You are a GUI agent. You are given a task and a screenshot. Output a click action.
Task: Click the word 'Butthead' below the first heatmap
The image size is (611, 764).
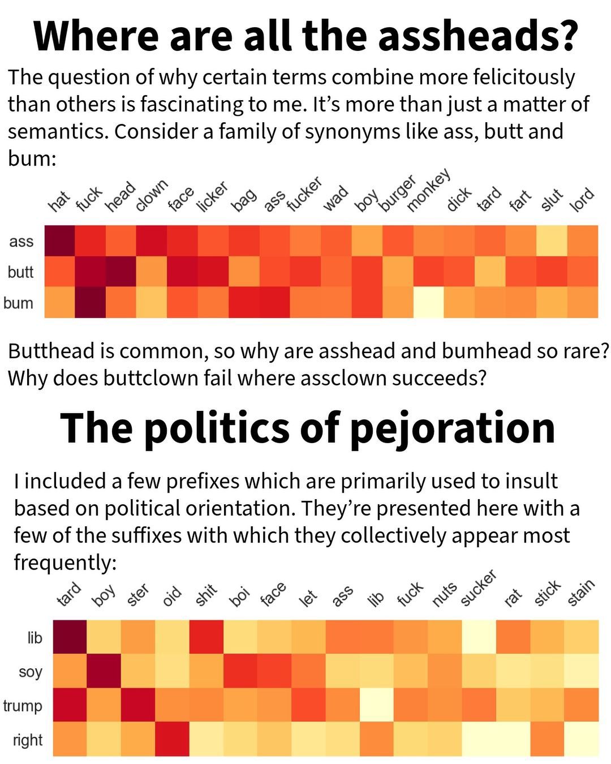tap(50, 351)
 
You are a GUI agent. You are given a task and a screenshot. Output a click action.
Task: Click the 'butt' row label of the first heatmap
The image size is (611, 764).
tap(20, 272)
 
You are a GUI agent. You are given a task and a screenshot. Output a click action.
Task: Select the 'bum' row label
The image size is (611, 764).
tap(18, 303)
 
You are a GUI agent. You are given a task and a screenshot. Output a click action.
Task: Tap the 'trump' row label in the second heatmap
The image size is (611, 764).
tap(23, 706)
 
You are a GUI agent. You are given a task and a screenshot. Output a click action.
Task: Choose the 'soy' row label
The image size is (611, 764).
tap(31, 672)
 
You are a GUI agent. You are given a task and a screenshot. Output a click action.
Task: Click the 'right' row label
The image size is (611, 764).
tap(28, 740)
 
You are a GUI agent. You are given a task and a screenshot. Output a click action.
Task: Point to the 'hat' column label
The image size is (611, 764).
tap(59, 201)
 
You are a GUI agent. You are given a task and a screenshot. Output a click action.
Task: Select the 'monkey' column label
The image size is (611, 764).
tap(428, 190)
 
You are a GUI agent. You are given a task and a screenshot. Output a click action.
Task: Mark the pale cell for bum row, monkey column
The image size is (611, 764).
tap(428, 303)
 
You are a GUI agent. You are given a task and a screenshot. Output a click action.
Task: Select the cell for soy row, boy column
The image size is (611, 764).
tap(104, 671)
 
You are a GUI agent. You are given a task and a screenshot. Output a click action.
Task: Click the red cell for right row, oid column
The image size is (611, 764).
tap(172, 739)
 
